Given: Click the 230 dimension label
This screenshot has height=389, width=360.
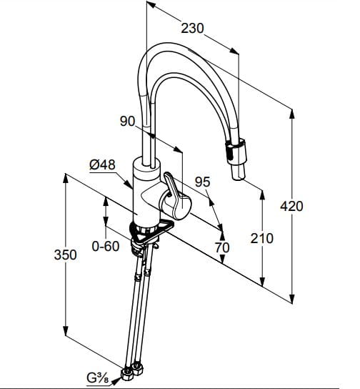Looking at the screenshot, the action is click(192, 29).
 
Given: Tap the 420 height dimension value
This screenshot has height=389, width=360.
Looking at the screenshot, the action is click(291, 206).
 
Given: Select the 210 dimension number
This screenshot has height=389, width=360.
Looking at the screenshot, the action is click(262, 238).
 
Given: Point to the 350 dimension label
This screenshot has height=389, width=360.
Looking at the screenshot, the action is click(66, 255).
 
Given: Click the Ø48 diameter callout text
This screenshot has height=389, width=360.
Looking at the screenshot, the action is click(103, 164).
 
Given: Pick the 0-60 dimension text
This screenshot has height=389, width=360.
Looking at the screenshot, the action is click(106, 247).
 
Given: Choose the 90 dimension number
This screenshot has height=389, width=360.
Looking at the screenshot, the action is click(128, 122).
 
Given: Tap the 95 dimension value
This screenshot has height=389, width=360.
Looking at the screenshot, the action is click(202, 182).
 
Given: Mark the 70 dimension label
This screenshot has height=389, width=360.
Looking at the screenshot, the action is click(222, 247).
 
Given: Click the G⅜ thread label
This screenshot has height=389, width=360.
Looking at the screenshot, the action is click(98, 378).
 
